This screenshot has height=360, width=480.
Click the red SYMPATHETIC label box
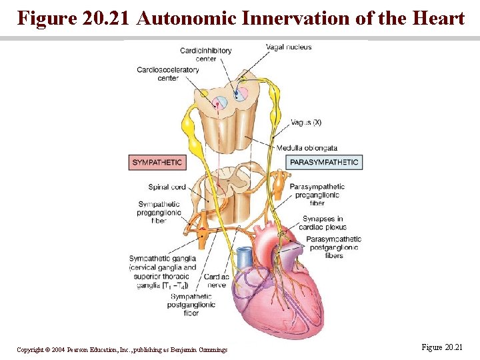pos(157,162)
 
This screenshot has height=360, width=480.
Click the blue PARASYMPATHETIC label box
pos(325,162)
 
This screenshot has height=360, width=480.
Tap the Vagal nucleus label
pos(289,47)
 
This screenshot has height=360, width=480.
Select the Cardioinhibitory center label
pos(206,55)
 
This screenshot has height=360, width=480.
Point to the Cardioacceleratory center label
pos(168,74)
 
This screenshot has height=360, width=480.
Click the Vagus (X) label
pos(306,123)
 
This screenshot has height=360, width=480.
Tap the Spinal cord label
pos(167,187)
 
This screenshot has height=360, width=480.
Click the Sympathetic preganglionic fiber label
pos(159,212)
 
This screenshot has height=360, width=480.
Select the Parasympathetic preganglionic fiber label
pos(317,195)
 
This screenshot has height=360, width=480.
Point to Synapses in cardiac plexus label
pos(324,223)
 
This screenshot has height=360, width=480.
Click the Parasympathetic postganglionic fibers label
pos(333,247)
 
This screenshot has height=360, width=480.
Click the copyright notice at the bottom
pos(122,349)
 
